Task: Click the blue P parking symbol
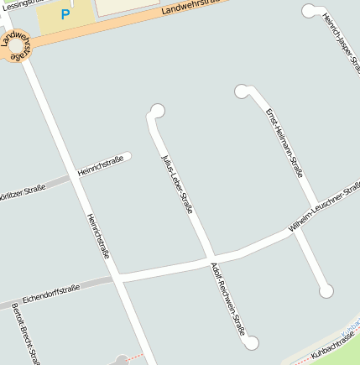click(x=65, y=14)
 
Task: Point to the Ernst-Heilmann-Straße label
click(x=284, y=143)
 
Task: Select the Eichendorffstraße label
click(x=51, y=293)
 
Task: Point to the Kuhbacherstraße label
click(x=334, y=345)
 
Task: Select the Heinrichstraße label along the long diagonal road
click(x=98, y=235)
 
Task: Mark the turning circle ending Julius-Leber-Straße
click(x=157, y=110)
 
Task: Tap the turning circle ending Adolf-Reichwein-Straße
click(x=251, y=342)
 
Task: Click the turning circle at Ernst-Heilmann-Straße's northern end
click(x=243, y=91)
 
